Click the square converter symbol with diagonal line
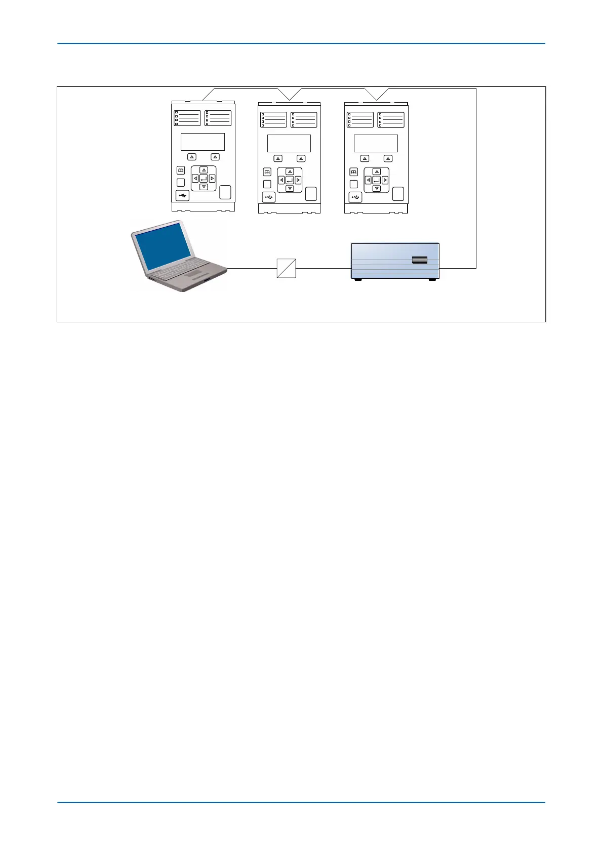(x=286, y=268)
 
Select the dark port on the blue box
(x=420, y=260)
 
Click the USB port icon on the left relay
(x=182, y=195)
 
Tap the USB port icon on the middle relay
(x=268, y=197)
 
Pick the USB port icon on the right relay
(x=355, y=197)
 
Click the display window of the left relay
(x=203, y=142)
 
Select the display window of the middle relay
(x=289, y=144)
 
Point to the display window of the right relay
(x=376, y=144)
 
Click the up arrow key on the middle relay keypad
(x=290, y=172)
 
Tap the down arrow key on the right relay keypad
(x=376, y=189)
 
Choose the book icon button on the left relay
(x=181, y=171)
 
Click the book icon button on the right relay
(x=354, y=172)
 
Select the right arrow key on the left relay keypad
(x=212, y=179)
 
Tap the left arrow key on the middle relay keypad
(x=282, y=180)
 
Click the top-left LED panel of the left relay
(x=187, y=118)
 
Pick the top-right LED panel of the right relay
(x=391, y=120)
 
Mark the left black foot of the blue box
(x=358, y=280)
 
